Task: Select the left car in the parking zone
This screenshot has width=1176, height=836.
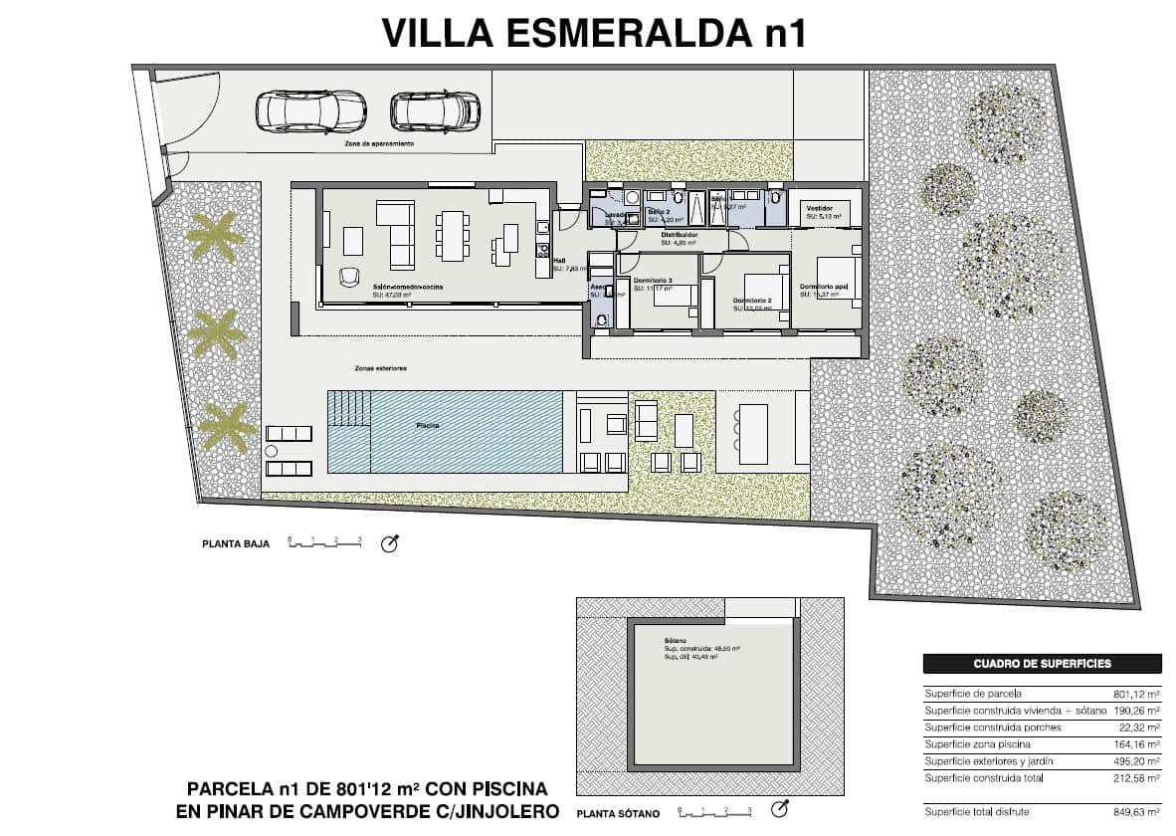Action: coord(298,111)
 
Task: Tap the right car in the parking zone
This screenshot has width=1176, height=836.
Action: coord(435,111)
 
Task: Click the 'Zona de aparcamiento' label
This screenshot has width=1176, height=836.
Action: coord(372,144)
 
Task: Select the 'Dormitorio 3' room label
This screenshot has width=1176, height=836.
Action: coord(653,282)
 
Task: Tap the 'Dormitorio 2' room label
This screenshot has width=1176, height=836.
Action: coord(752,301)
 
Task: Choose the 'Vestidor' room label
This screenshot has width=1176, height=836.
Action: coord(820,208)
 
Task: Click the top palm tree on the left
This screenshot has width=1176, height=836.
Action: coord(212,237)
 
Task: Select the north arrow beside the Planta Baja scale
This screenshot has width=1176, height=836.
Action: coord(389,543)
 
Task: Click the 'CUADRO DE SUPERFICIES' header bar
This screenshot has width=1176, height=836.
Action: coord(1042,664)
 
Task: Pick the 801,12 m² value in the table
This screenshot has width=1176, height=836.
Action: coord(1136,694)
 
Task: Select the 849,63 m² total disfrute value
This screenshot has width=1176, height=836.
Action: coord(1136,812)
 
